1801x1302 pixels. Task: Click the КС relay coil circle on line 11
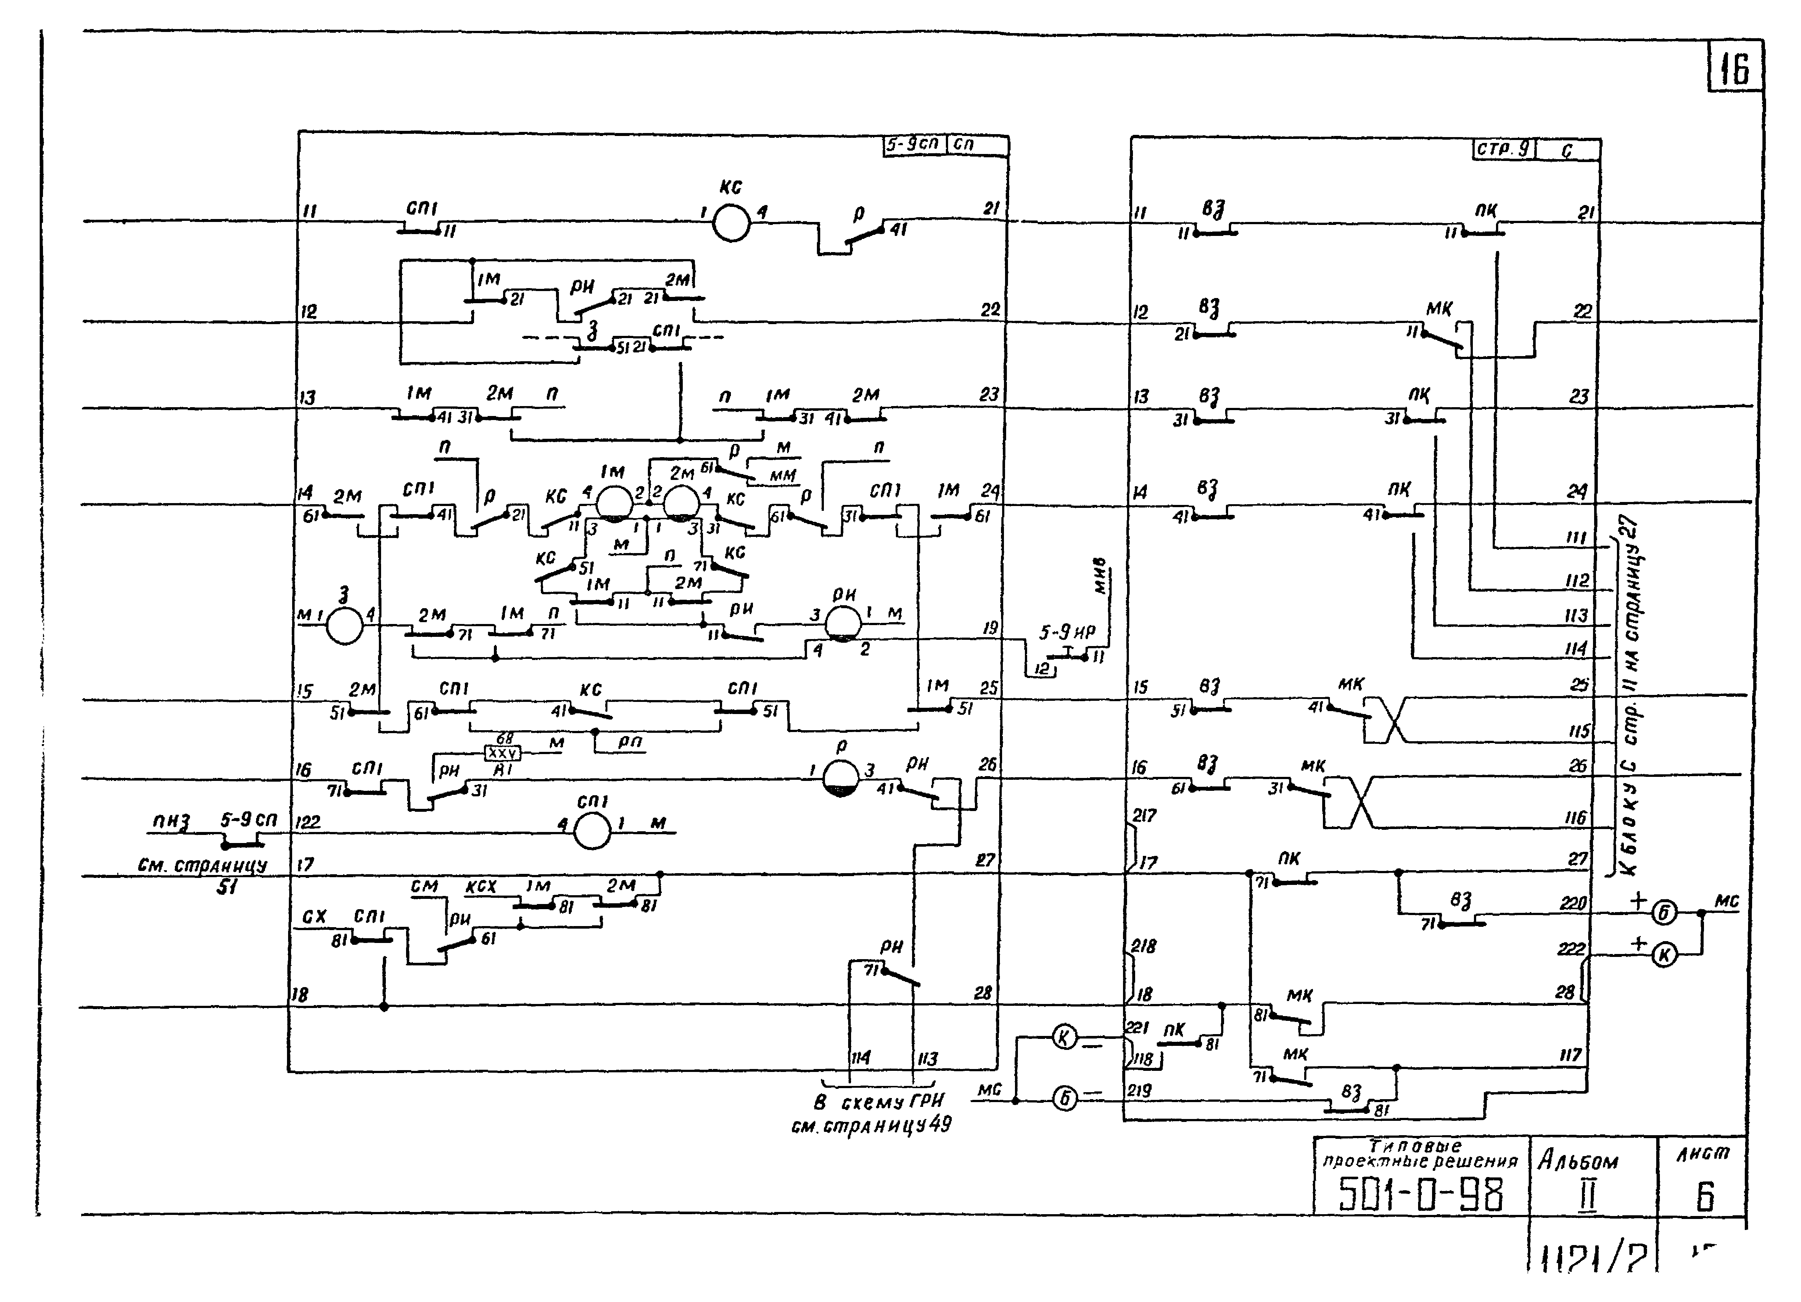coord(731,222)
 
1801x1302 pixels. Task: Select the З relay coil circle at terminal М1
coord(345,627)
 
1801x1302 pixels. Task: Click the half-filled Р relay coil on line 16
coord(841,778)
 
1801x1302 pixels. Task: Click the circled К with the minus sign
coord(1065,1037)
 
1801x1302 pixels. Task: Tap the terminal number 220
coord(1572,903)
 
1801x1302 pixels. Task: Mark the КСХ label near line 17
coord(480,886)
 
